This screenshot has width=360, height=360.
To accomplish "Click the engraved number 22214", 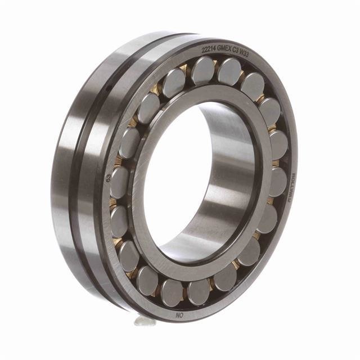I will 210,50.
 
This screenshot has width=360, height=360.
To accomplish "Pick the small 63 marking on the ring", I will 108,178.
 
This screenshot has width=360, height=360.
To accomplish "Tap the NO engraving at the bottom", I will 179,316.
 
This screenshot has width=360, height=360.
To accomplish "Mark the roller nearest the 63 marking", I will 119,182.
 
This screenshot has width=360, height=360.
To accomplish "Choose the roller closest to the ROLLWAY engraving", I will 277,182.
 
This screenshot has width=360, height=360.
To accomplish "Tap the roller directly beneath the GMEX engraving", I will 229,71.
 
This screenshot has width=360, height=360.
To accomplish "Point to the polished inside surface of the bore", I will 225,169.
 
